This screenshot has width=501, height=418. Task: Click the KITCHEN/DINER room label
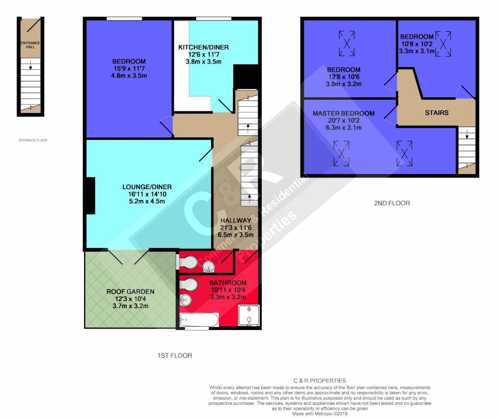pos(204,47)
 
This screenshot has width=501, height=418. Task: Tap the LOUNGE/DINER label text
pos(147,187)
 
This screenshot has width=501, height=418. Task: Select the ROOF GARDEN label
pos(130,291)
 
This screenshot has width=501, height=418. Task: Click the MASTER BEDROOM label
pos(343,113)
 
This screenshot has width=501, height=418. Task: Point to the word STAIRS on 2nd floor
pos(436,113)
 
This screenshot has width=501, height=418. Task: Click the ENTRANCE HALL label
pos(30,44)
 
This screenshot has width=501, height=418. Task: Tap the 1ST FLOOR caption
pos(175,355)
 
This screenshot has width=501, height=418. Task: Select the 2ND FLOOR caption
pos(392,203)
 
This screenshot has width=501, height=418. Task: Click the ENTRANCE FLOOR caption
pos(33,140)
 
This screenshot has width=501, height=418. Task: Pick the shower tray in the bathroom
pos(249,315)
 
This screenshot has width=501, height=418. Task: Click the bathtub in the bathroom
pos(200,320)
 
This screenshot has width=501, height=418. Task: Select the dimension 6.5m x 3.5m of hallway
pos(236,235)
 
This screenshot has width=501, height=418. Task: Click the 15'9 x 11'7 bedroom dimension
pos(129,68)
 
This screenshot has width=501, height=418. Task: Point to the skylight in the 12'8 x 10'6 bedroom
pos(347,44)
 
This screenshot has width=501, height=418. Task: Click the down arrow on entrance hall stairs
pos(31,66)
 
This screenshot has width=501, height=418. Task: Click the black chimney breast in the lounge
pos(91,196)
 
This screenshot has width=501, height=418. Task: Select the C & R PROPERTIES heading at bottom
pos(319,381)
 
